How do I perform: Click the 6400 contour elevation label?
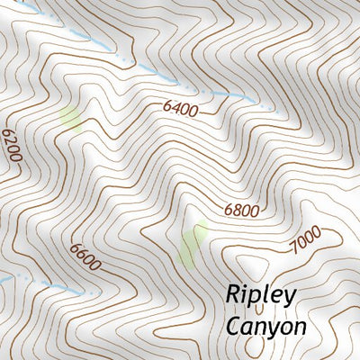click(180, 110)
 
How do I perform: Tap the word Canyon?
click(265, 326)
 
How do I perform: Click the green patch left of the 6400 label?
click(70, 118)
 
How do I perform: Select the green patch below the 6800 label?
click(192, 244)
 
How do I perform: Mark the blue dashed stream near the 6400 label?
click(216, 92)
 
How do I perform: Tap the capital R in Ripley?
click(232, 293)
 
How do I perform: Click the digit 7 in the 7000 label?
click(293, 245)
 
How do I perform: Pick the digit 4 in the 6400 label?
click(176, 110)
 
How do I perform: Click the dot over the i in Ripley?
click(246, 285)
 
